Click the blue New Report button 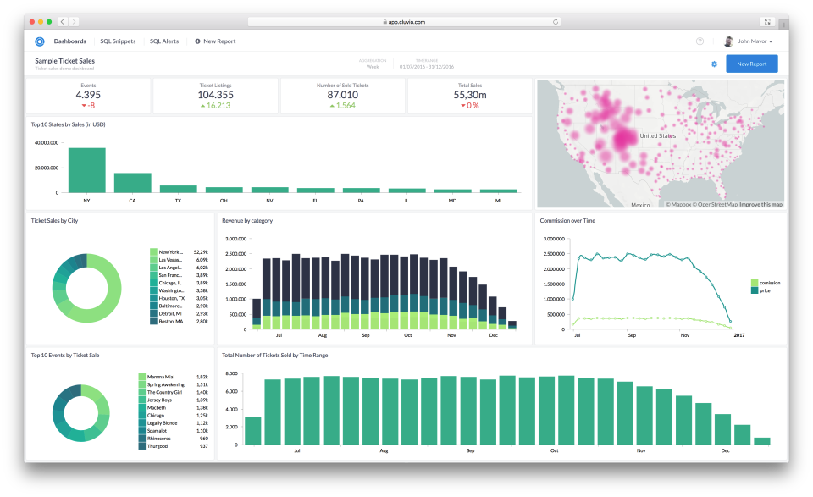tap(751, 64)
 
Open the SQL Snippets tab tap(118, 41)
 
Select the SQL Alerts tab tap(164, 41)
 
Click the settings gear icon tap(714, 64)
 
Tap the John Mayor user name tap(752, 41)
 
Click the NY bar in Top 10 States tap(87, 170)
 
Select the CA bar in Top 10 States tap(133, 183)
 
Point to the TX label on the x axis tap(178, 202)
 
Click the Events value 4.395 tap(88, 95)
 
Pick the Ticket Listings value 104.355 tap(215, 95)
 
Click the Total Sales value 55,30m tap(469, 95)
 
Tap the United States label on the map tap(658, 135)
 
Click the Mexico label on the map tap(639, 205)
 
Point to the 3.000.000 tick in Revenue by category tap(235, 240)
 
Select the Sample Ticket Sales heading tap(64, 61)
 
